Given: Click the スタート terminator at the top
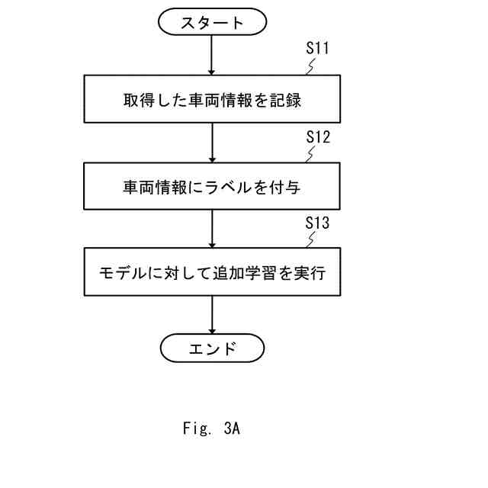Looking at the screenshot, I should [x=212, y=22].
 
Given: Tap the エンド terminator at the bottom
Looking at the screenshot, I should [x=212, y=349].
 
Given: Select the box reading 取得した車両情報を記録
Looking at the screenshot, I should [x=212, y=100].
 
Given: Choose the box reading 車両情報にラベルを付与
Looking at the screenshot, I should [x=212, y=187].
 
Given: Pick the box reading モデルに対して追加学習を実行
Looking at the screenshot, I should [x=212, y=272].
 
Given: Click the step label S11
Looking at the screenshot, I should [x=317, y=48].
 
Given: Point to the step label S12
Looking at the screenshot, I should [x=317, y=137].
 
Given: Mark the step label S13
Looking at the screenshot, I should [x=317, y=223].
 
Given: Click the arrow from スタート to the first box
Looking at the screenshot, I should [x=212, y=56].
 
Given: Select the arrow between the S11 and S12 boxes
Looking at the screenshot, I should [x=212, y=143].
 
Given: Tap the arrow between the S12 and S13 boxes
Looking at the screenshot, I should [x=212, y=229].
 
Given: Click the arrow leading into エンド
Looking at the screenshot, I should [x=212, y=316].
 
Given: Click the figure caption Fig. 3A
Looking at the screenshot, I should [x=211, y=429].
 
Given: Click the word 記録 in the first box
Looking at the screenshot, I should [x=287, y=100].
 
